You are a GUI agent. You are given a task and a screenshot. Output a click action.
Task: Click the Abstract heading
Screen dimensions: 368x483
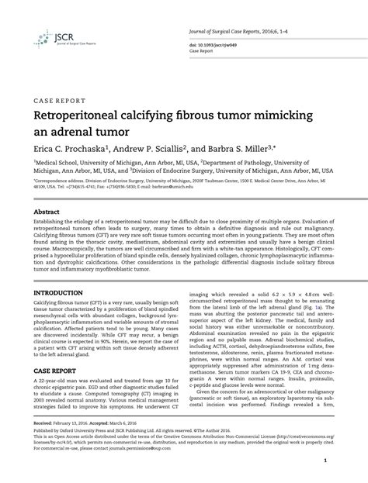48,211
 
